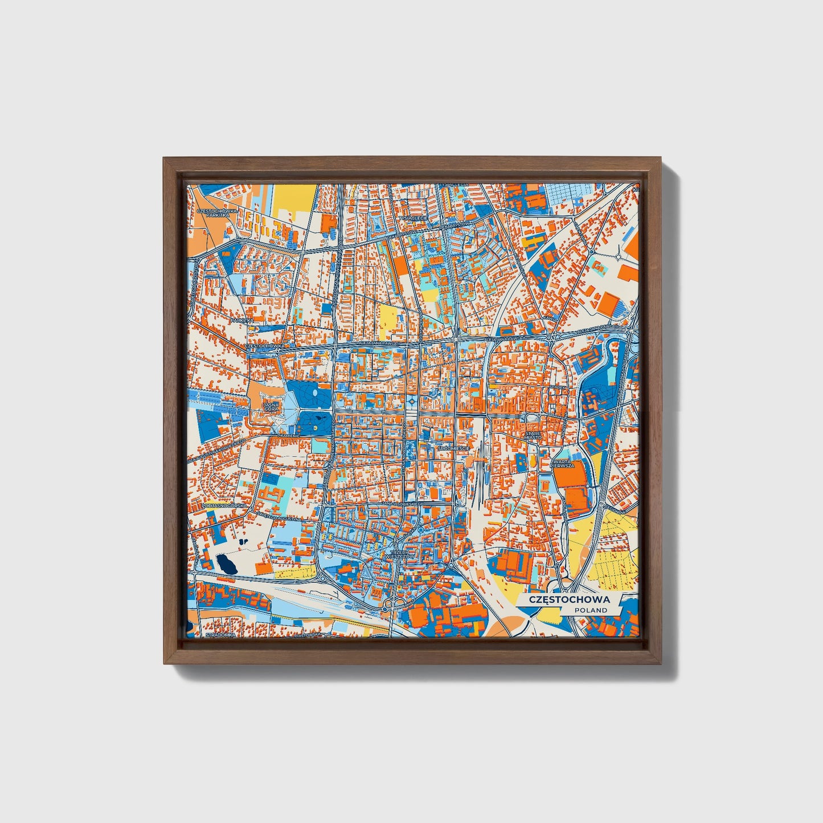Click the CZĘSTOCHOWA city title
tap(569, 599)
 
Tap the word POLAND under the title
tap(590, 610)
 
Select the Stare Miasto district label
tap(534, 436)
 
